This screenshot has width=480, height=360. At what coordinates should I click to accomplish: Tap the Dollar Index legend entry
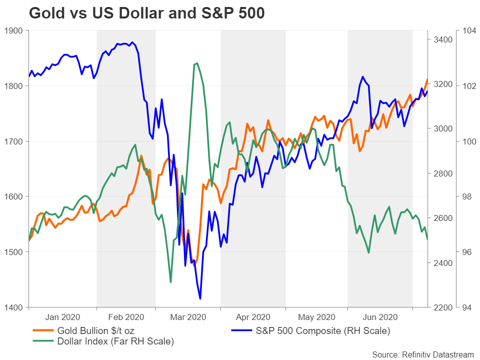click(x=115, y=342)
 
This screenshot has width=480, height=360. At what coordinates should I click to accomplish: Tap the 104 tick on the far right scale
click(x=469, y=30)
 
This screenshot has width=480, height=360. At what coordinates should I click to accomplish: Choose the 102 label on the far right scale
click(x=469, y=86)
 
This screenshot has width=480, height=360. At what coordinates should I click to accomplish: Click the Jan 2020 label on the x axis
click(x=62, y=316)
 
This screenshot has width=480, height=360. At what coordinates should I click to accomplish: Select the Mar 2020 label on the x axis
click(x=188, y=316)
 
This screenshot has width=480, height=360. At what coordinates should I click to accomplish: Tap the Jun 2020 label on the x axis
click(x=380, y=316)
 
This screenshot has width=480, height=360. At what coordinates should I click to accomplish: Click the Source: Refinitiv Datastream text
click(x=423, y=354)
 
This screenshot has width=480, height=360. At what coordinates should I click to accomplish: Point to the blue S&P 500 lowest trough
click(x=200, y=299)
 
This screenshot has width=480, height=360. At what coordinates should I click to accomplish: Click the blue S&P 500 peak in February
click(x=132, y=42)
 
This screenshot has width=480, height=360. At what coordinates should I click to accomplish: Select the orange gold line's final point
click(x=427, y=79)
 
